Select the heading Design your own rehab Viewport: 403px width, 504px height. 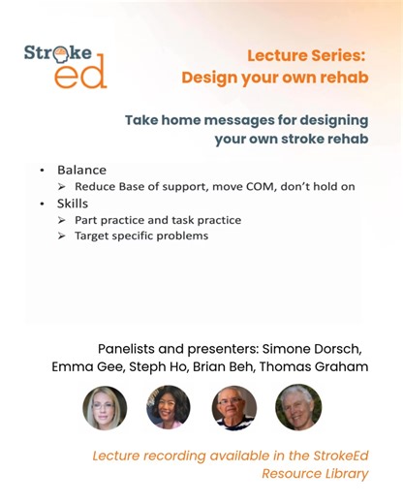[274, 77]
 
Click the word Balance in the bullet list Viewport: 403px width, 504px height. [81, 169]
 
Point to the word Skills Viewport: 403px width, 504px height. [73, 204]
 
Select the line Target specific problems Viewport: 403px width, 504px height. [140, 236]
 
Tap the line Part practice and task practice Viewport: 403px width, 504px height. [157, 220]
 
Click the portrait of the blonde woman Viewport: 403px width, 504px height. [105, 407]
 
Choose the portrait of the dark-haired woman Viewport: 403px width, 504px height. [169, 407]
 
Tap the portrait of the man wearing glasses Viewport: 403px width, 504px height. [233, 407]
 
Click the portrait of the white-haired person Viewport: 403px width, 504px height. [297, 407]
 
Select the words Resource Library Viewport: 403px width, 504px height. [315, 474]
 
